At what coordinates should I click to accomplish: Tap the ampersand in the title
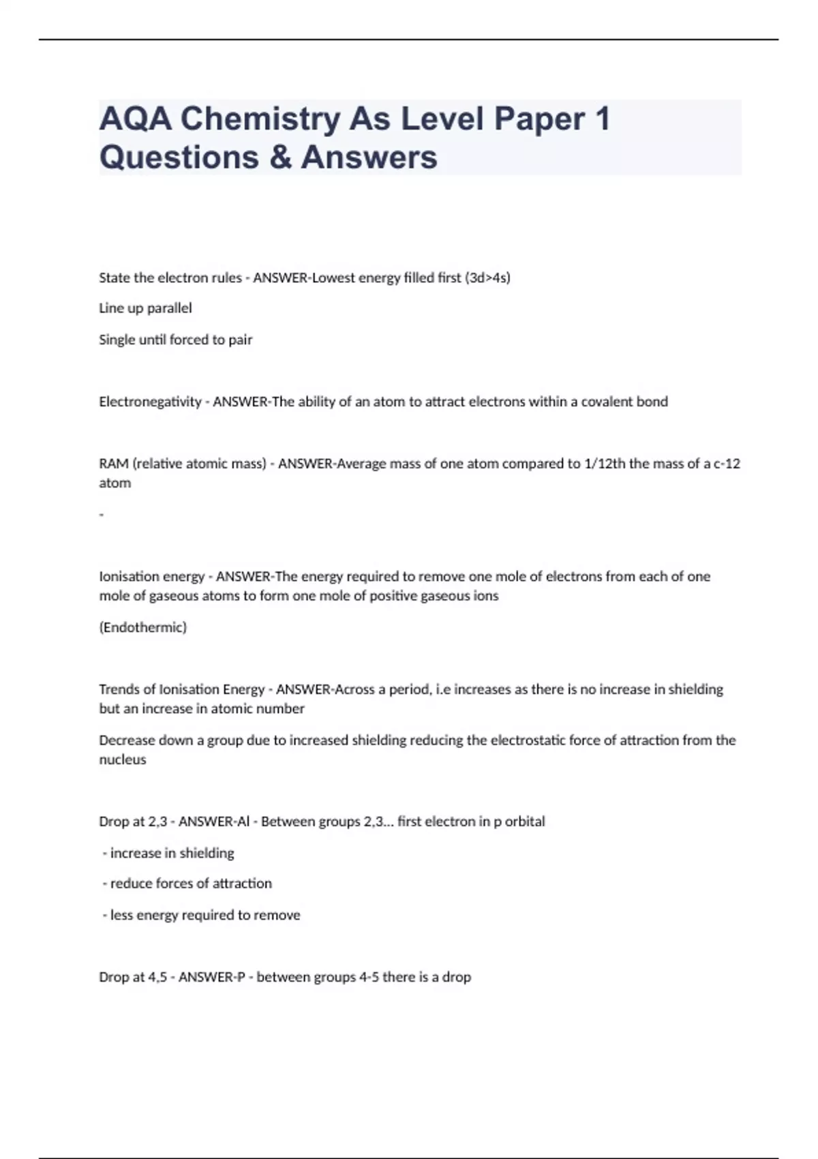[x=279, y=157]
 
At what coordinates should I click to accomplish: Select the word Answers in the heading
[x=369, y=157]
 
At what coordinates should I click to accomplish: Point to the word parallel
[x=169, y=308]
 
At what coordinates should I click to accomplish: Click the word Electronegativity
[x=150, y=402]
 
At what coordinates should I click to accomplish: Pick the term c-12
[x=727, y=464]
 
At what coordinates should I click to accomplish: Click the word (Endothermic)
[x=142, y=627]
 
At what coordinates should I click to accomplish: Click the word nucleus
[x=123, y=759]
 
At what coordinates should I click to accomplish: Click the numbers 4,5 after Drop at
[x=157, y=977]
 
